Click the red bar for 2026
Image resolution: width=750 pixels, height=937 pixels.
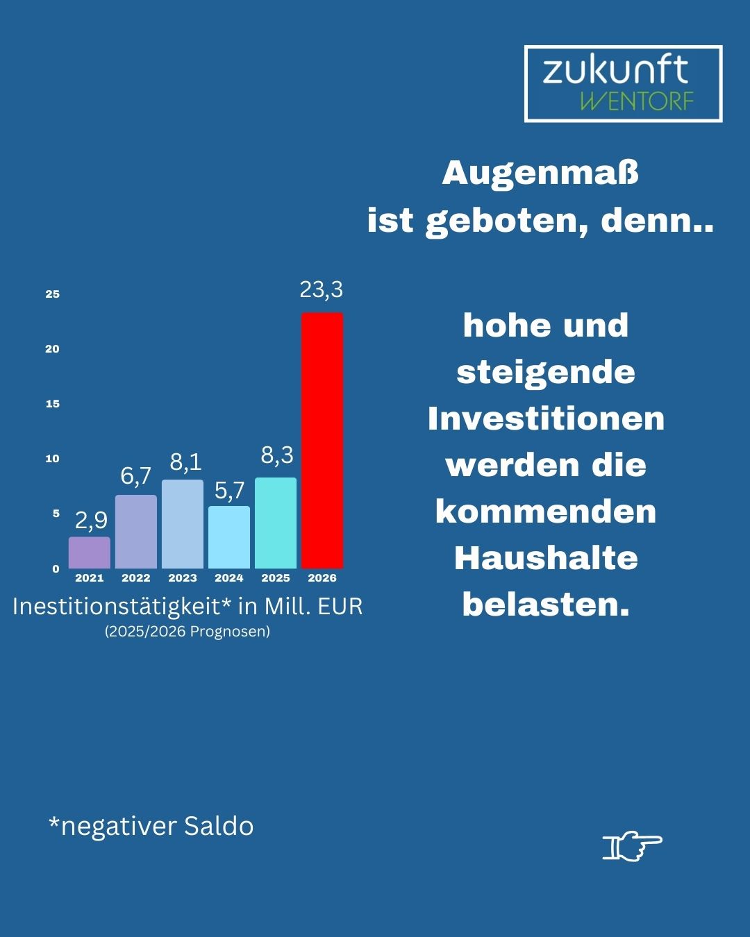(x=322, y=441)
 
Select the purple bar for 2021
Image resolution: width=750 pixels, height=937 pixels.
(x=90, y=552)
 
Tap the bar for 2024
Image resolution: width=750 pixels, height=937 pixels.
(x=229, y=537)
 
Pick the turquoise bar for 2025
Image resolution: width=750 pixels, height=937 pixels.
(x=276, y=523)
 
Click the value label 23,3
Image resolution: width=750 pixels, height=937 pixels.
(x=322, y=289)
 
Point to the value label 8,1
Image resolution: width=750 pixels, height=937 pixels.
(x=185, y=462)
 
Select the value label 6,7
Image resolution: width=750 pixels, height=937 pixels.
(x=136, y=476)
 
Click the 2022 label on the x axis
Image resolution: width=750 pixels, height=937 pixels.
(x=136, y=578)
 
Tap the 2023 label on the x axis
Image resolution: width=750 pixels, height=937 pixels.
(x=183, y=578)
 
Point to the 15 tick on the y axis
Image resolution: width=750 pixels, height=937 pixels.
(x=53, y=404)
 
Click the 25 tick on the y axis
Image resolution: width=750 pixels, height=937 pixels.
(x=53, y=294)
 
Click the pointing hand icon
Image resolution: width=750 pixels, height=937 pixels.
(x=632, y=845)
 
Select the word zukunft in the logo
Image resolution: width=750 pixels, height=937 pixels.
(x=615, y=70)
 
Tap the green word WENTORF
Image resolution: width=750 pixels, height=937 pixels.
(x=636, y=101)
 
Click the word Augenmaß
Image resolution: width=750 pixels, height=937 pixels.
(x=540, y=174)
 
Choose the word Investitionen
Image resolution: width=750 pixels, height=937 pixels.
(x=546, y=419)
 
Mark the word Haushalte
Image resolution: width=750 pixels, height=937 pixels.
(x=546, y=558)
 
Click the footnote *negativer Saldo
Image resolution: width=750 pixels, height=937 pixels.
(x=151, y=826)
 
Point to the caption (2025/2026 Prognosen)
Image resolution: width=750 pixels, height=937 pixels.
(x=187, y=632)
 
